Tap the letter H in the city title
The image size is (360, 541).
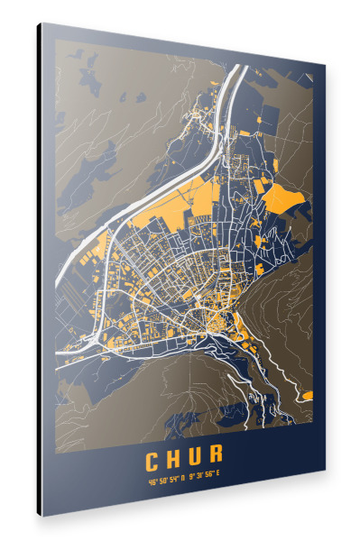point(176,459)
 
